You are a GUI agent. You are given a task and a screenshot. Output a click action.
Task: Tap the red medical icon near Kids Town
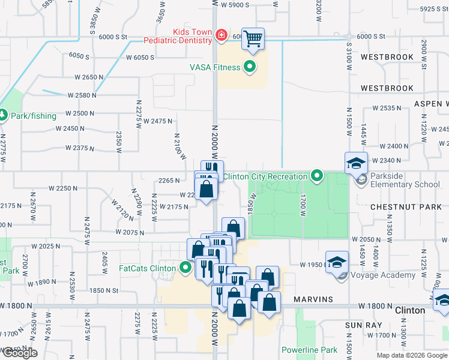tap(221, 36)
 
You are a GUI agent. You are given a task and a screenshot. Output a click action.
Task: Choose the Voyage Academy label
tap(382, 275)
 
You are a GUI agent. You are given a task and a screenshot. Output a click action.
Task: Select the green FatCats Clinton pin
tap(186, 267)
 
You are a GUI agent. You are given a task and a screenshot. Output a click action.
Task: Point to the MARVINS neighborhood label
tap(313, 299)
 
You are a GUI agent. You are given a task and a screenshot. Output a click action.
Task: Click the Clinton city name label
tap(411, 310)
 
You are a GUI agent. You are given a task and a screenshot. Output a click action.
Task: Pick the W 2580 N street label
tap(82, 95)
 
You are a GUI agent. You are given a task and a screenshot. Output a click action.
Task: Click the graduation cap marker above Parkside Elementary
tap(355, 162)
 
